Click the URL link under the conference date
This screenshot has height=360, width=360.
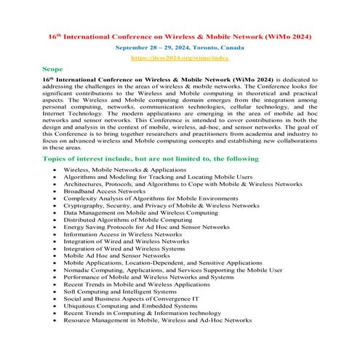tap(180, 55)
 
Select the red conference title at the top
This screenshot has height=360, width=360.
tap(180, 34)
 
